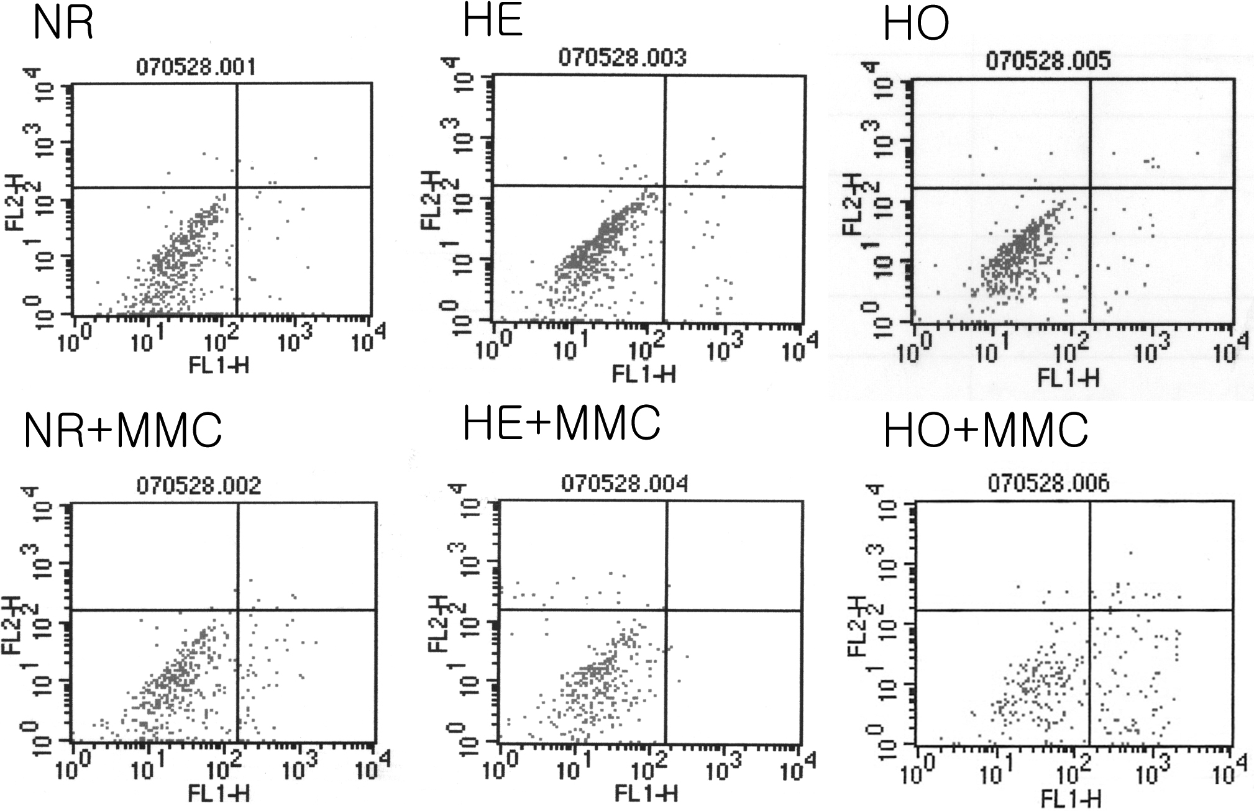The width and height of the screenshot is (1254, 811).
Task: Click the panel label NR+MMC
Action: pos(123,430)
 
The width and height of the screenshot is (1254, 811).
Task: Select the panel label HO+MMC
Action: pos(985,430)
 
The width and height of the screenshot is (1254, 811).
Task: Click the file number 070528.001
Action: pos(196,67)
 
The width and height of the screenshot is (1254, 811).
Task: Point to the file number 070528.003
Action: pos(623,57)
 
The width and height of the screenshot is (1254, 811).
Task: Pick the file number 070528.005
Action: pos(1048,61)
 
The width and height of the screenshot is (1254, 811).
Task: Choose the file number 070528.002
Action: pos(199,485)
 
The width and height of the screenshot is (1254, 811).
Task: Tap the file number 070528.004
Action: pos(625,484)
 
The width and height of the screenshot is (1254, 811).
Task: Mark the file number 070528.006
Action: pos(1048,483)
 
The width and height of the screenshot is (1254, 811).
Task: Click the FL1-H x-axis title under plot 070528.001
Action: pos(219,365)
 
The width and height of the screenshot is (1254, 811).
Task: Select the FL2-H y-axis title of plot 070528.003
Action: pos(431,200)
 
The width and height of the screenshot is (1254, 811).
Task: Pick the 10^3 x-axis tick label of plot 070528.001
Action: pos(294,340)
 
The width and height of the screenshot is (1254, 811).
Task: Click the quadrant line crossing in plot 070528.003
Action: pos(665,186)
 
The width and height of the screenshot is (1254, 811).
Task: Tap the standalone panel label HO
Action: pos(915,25)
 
